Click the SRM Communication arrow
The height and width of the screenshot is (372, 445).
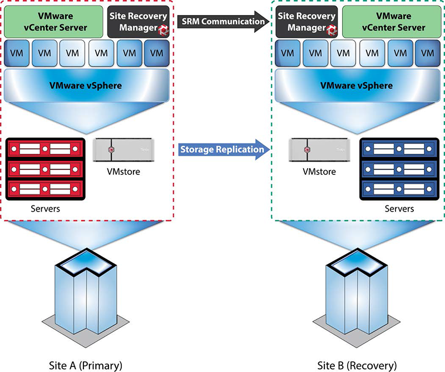[224, 22]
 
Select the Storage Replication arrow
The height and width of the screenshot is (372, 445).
[224, 149]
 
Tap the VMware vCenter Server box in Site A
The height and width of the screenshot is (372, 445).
[53, 22]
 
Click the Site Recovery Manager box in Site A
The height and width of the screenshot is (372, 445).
[138, 22]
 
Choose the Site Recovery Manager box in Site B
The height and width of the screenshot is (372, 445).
[306, 22]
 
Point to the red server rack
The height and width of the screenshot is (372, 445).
[46, 169]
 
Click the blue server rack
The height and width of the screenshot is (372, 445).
[399, 169]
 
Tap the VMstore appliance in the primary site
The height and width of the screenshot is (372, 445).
[123, 150]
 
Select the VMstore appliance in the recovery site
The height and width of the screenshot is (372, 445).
[319, 150]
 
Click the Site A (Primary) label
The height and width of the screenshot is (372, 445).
[86, 365]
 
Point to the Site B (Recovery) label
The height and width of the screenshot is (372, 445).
[357, 365]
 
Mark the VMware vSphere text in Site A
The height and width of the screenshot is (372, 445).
[86, 86]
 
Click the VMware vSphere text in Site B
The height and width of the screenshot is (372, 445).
[357, 86]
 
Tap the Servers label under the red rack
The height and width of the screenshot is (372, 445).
[46, 209]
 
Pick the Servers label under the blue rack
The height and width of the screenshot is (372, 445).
[399, 209]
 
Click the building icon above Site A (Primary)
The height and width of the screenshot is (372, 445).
[86, 298]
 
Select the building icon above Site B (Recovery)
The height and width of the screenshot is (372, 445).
[357, 298]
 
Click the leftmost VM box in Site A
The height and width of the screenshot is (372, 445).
[17, 53]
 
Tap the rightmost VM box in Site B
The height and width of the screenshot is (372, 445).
[428, 53]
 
